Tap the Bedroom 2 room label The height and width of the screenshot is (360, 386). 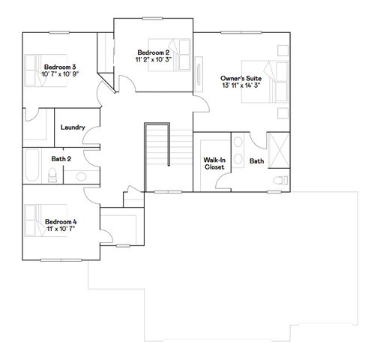(x=153, y=52)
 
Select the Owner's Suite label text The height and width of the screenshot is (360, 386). (x=241, y=79)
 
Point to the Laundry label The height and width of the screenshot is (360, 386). (x=73, y=127)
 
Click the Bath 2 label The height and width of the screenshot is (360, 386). (x=61, y=158)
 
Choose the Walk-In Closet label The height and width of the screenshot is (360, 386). (x=215, y=163)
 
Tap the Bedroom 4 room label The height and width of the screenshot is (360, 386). (x=61, y=221)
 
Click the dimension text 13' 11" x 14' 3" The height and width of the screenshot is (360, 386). (x=241, y=86)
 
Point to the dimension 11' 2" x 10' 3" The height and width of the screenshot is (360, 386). (x=153, y=59)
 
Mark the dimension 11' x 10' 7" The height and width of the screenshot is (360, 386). (x=61, y=229)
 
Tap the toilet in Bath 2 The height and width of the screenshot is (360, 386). (x=52, y=175)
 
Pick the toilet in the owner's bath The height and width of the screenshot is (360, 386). (x=280, y=181)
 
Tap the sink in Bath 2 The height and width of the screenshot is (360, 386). (x=80, y=177)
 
